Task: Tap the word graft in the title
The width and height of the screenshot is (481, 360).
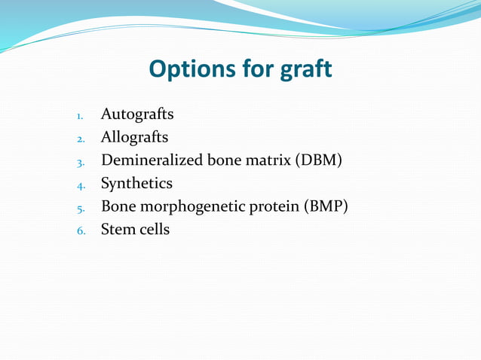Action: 302,69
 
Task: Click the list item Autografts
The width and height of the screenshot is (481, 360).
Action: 137,114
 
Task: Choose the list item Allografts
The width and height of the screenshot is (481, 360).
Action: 135,137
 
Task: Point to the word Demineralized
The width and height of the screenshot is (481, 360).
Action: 148,160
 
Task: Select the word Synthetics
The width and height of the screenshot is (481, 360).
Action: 136,183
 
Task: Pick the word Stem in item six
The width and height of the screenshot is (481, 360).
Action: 117,229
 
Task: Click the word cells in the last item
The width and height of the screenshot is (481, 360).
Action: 155,229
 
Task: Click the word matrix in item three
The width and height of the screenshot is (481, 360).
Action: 268,160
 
